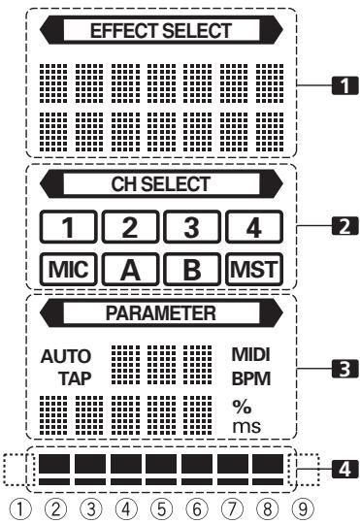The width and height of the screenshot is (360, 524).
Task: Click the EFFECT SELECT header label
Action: coord(161,31)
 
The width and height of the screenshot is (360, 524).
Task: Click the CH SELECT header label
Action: coord(161,180)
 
